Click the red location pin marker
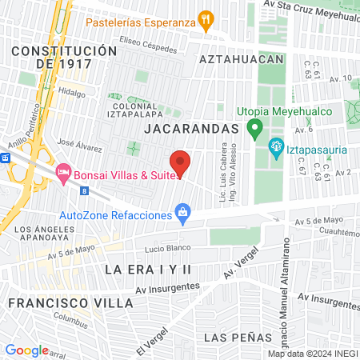[181, 162]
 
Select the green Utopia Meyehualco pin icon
[255, 126]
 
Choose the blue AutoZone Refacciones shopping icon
[183, 213]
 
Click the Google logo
[26, 350]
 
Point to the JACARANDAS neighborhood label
[192, 128]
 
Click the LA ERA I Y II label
[150, 270]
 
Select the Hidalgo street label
[71, 93]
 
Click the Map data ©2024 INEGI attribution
[313, 354]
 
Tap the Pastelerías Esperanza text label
[150, 22]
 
